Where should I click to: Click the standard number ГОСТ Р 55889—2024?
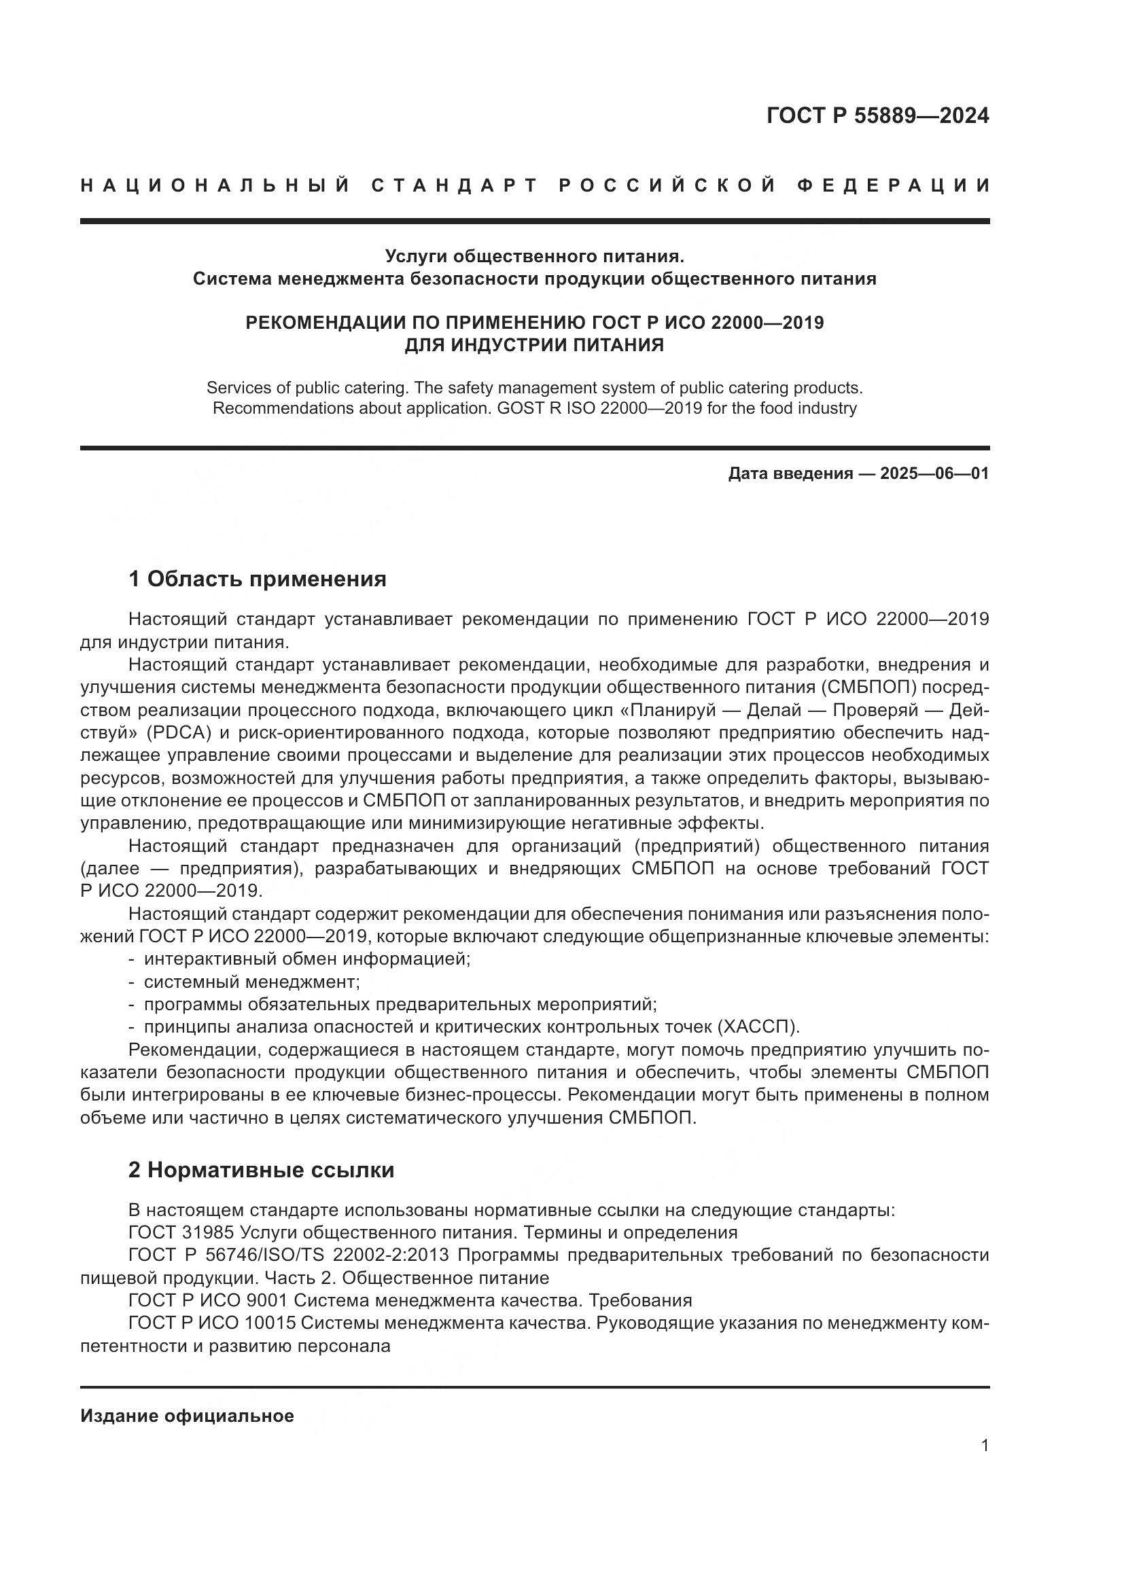[877, 115]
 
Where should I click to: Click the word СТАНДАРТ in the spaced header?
[455, 185]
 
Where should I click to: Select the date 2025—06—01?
[934, 474]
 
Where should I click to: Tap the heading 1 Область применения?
[258, 579]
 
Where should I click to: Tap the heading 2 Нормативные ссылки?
[261, 1170]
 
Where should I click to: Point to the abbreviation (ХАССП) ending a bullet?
[758, 1026]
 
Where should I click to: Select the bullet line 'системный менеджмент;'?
[251, 982]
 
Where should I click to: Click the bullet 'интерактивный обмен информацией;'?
[306, 959]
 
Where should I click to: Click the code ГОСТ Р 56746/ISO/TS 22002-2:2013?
[289, 1255]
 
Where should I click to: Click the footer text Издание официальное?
[187, 1416]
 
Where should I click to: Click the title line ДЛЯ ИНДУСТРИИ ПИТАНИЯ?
[533, 344]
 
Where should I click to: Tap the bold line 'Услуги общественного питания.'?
[533, 256]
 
